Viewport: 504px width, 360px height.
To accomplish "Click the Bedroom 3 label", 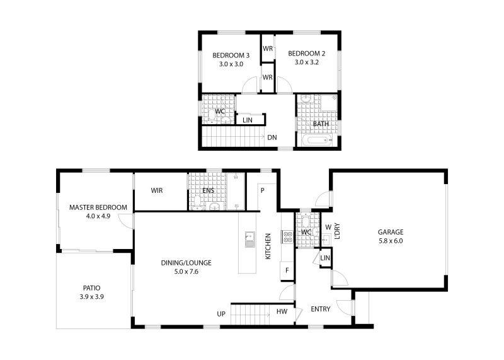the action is [x=231, y=55].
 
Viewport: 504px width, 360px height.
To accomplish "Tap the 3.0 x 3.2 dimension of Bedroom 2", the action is [x=307, y=62].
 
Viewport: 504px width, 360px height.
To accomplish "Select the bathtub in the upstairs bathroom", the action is [x=318, y=140].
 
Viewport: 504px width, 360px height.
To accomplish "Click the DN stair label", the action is [x=272, y=137].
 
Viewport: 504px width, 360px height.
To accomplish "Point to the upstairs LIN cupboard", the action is [x=251, y=120].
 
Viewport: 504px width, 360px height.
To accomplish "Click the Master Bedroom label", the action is [x=98, y=207].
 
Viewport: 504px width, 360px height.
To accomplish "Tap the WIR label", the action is [x=157, y=190].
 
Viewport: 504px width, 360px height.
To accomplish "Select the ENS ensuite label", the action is [x=209, y=190].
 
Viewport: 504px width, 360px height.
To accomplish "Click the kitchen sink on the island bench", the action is [x=249, y=240].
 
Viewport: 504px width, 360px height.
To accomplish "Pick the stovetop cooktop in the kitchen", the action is [x=287, y=237].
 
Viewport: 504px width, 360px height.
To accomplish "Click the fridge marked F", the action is [x=287, y=270].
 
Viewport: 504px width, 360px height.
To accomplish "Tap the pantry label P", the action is [x=262, y=190].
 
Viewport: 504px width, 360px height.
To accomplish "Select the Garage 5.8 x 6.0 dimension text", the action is [x=391, y=241].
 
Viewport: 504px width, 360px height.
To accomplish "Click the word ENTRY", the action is [x=321, y=309].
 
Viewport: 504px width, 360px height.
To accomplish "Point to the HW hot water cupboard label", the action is [x=282, y=311].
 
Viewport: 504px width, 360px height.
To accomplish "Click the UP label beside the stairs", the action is [x=221, y=314].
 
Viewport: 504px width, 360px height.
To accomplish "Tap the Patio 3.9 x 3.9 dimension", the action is [x=91, y=296].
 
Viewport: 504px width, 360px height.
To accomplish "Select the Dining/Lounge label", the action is [x=186, y=263].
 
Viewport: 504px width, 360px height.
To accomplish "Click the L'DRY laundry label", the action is [x=337, y=231].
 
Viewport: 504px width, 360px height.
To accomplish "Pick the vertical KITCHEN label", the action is [x=268, y=246].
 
